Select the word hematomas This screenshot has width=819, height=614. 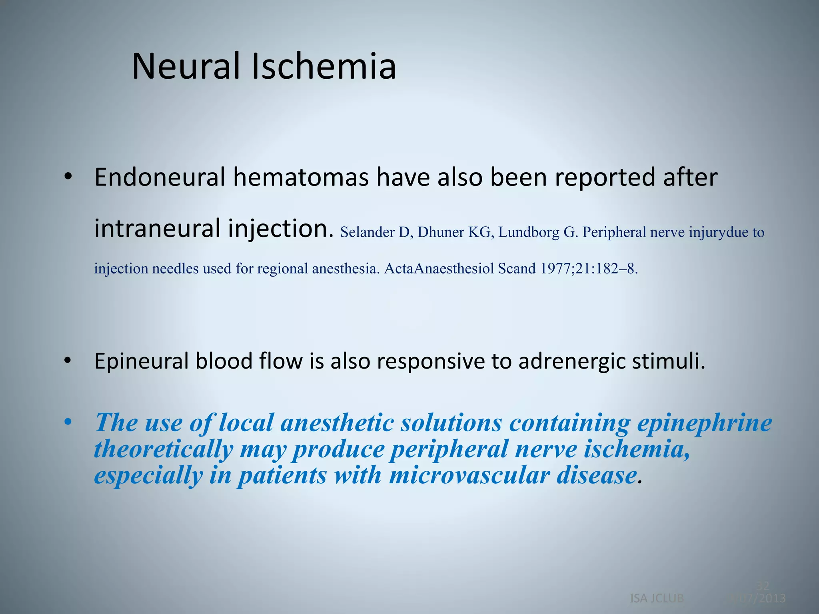tap(301, 177)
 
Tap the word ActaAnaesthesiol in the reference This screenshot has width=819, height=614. tap(439, 268)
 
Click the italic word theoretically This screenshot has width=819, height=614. tap(163, 449)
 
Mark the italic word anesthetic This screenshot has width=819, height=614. tap(337, 423)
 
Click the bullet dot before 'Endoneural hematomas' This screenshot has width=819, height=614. tap(68, 177)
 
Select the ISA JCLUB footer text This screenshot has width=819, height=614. tap(657, 598)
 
